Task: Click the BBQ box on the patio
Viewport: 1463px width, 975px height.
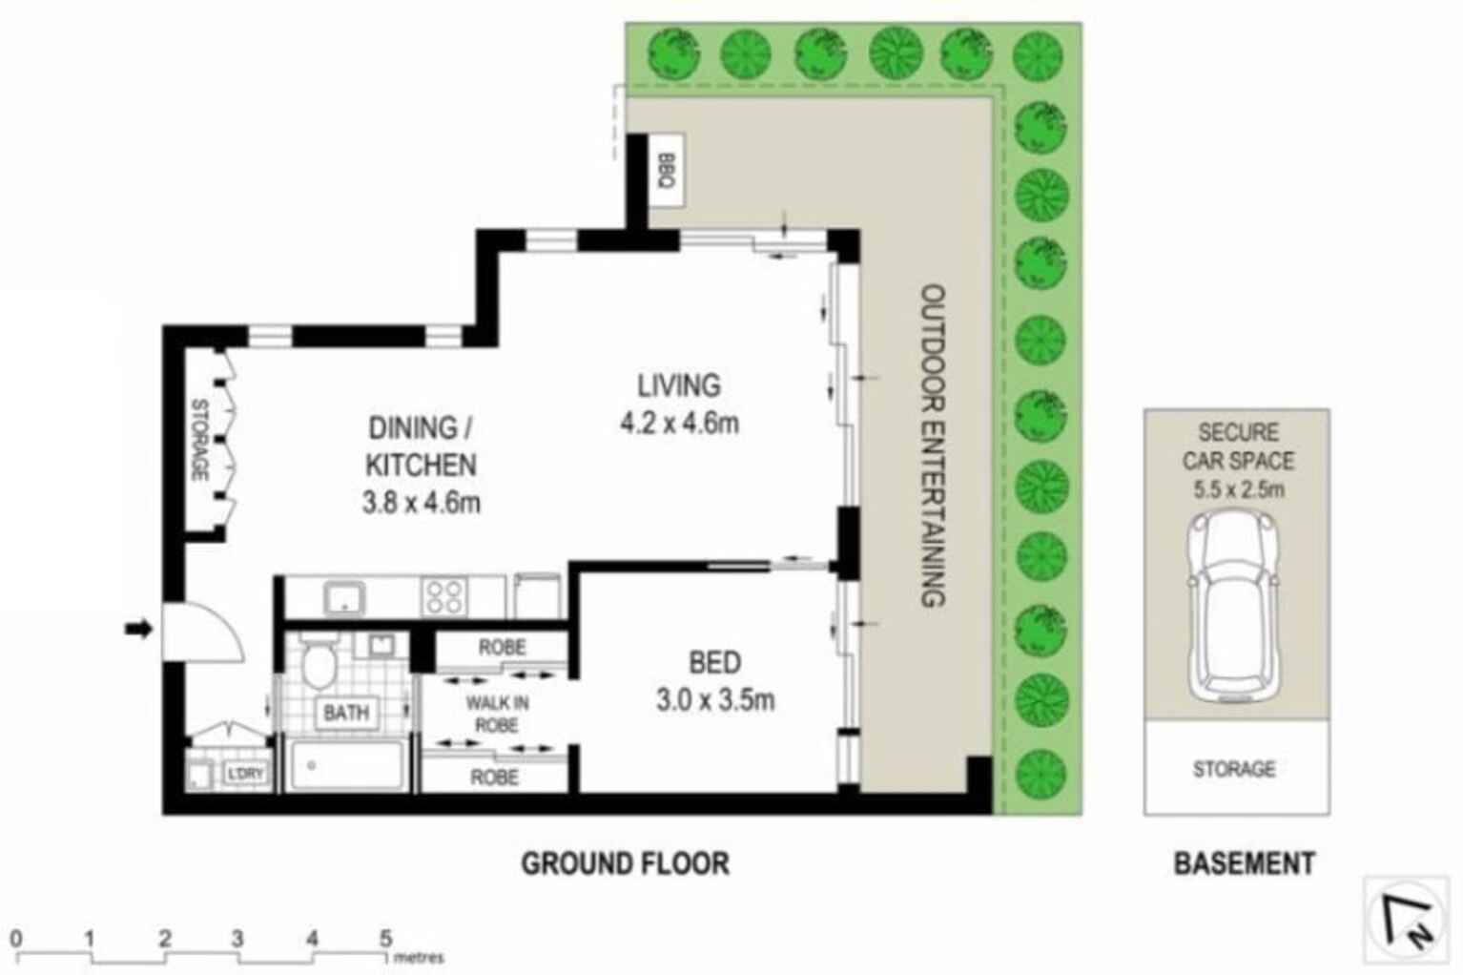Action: (x=666, y=170)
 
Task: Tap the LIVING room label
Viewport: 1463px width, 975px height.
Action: (x=679, y=385)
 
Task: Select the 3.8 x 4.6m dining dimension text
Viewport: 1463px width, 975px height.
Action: (x=421, y=502)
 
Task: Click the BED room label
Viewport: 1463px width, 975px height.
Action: (x=714, y=662)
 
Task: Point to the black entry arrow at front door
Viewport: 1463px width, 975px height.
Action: (x=139, y=629)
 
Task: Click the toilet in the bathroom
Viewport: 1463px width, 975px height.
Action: (x=317, y=663)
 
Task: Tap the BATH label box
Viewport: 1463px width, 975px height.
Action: (x=345, y=713)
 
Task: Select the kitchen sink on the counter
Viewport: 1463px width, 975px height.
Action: (x=342, y=598)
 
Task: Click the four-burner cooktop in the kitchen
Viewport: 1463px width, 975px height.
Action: (x=444, y=597)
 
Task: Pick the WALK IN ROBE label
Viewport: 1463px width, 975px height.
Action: (x=496, y=714)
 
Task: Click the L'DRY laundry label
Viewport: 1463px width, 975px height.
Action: (x=244, y=774)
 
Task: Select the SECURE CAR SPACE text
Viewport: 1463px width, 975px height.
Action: (x=1238, y=446)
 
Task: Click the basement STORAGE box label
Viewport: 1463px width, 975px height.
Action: (x=1234, y=769)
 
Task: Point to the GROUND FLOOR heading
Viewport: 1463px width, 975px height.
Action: (x=625, y=863)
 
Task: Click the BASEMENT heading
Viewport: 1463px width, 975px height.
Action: (x=1244, y=863)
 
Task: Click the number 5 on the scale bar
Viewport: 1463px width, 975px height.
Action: (x=386, y=939)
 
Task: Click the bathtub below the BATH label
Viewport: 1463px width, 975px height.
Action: (x=346, y=765)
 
